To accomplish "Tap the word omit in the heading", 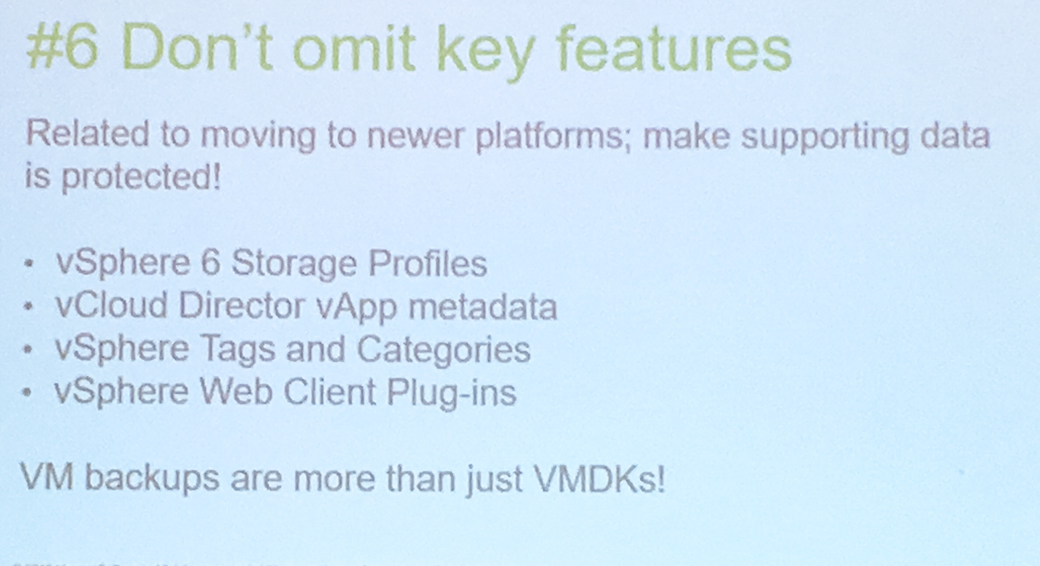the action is (x=354, y=49).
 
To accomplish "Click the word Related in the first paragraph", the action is (x=87, y=135).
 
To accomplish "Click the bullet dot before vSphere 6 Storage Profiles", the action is (x=29, y=264).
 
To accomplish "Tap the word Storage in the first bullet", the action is (x=294, y=264).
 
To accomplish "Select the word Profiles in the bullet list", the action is (x=427, y=263).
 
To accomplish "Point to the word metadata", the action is (x=482, y=306).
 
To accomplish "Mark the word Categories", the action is (x=443, y=350).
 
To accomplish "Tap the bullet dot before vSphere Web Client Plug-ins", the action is (x=28, y=393).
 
